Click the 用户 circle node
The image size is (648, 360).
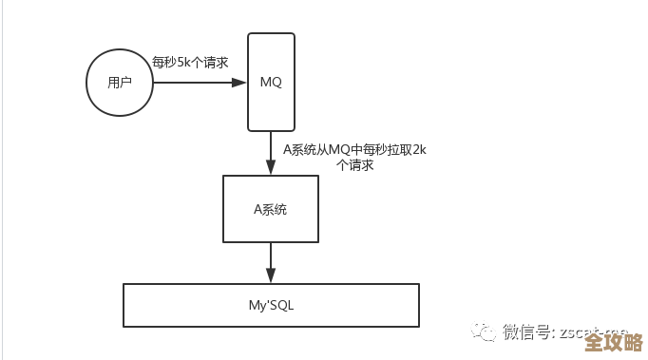click(x=120, y=83)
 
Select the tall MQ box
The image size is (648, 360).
click(x=271, y=82)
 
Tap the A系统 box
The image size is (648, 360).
click(x=271, y=209)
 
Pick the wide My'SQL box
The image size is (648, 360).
click(x=271, y=305)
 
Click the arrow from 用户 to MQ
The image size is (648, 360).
click(x=195, y=83)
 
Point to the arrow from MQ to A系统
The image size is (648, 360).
click(x=271, y=152)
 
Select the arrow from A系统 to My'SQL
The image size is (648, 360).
click(x=271, y=261)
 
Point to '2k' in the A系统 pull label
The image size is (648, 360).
click(x=417, y=149)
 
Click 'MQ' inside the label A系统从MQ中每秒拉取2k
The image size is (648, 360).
click(x=326, y=149)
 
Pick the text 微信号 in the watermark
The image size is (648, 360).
click(x=525, y=332)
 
